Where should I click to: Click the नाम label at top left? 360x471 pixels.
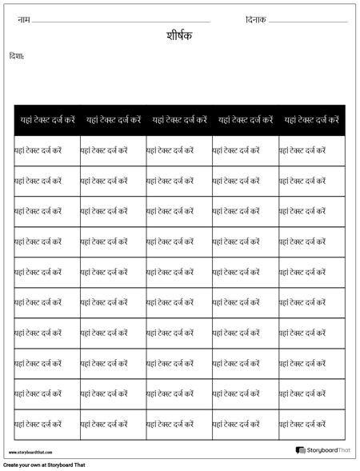coord(22,18)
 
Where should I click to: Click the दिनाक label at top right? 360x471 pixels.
coord(256,18)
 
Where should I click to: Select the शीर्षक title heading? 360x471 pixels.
coord(179,37)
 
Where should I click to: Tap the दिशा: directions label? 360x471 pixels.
coord(16,56)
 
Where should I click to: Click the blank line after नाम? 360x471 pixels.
coord(120,21)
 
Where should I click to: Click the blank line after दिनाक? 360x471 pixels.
coord(308,21)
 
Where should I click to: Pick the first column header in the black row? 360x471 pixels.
coord(47,119)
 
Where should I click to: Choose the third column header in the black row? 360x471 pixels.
coord(179,119)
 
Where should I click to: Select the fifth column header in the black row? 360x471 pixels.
coord(311,119)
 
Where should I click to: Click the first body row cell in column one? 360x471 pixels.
coord(47,150)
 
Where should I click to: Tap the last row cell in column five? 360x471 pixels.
coord(311,424)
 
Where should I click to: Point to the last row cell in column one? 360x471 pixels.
coord(47,424)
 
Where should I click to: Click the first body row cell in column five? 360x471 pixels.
coord(311,150)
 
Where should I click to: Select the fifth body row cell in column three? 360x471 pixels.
coord(179,272)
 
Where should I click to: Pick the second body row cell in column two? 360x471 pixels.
coord(113,181)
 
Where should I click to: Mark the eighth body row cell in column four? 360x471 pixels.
coord(245,363)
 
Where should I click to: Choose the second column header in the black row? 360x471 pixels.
coord(113,119)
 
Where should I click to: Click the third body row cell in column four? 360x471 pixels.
coord(245,211)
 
